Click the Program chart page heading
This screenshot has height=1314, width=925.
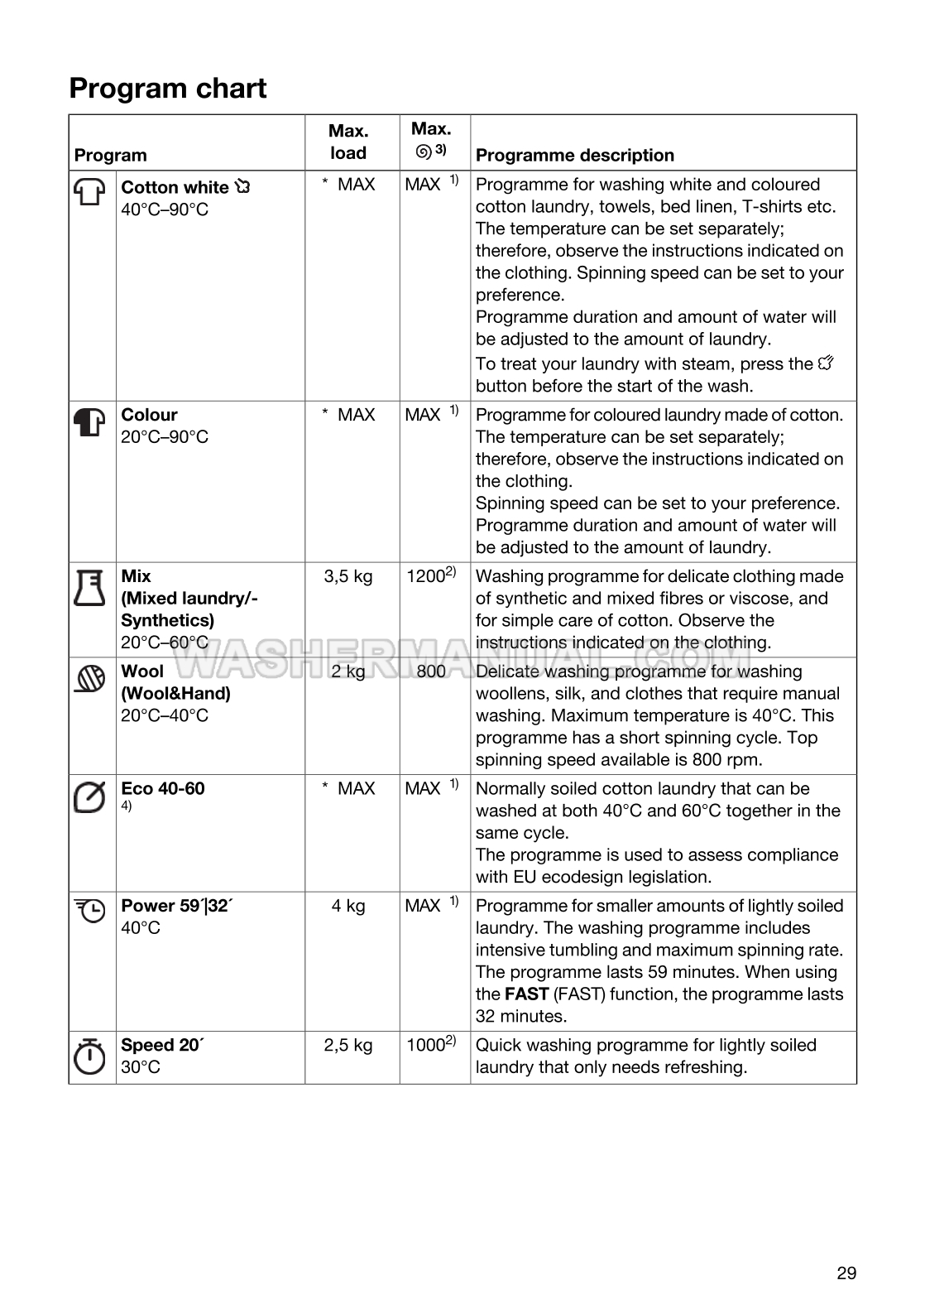(168, 89)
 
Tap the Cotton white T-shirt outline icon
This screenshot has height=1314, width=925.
(90, 192)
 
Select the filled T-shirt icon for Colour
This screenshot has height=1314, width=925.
(90, 422)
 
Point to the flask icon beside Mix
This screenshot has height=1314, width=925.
(90, 588)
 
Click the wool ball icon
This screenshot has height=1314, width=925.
(90, 679)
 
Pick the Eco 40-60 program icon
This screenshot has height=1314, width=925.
(90, 797)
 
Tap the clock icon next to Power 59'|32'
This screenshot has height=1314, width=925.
(90, 911)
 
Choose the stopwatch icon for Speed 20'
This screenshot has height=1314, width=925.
(90, 1056)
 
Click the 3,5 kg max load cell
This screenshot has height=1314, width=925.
(348, 576)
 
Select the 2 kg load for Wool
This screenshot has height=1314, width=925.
(348, 671)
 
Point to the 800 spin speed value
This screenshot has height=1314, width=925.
(431, 671)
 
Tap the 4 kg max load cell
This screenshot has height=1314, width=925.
(348, 906)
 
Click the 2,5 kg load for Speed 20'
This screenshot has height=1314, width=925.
(348, 1045)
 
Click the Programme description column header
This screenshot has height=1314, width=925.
(575, 155)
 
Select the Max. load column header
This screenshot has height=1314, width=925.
(348, 142)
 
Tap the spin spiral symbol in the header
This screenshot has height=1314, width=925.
(423, 152)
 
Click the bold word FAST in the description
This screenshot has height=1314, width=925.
(527, 994)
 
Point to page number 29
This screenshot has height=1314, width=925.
(846, 1273)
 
